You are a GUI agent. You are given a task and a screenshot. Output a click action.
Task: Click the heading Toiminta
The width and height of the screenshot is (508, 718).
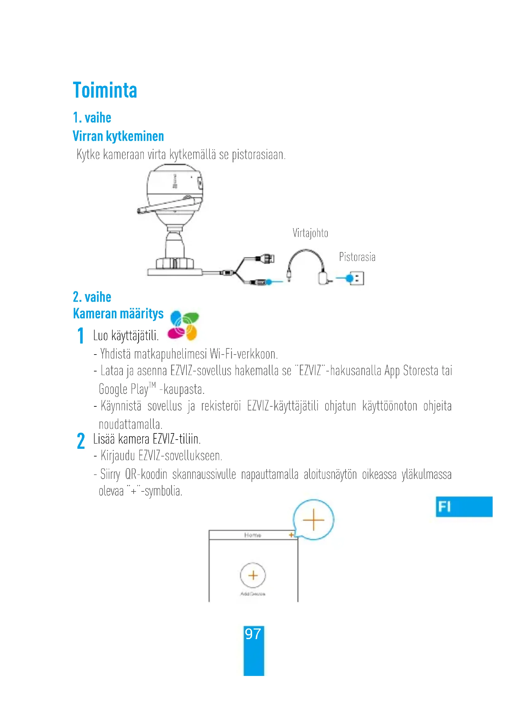pyautogui.click(x=105, y=91)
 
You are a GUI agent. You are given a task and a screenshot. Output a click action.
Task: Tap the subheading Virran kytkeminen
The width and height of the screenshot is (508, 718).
pyautogui.click(x=118, y=136)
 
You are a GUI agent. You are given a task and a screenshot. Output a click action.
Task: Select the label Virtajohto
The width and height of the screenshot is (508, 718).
pyautogui.click(x=310, y=233)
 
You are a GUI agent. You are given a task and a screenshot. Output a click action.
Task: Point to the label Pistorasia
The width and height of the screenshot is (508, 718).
pyautogui.click(x=357, y=257)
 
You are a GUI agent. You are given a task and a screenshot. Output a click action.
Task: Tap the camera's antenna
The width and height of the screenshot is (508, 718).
pyautogui.click(x=169, y=204)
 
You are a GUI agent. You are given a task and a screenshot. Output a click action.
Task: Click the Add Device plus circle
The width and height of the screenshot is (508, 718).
pyautogui.click(x=253, y=575)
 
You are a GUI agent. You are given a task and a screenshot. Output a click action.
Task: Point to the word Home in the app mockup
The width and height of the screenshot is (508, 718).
pyautogui.click(x=252, y=535)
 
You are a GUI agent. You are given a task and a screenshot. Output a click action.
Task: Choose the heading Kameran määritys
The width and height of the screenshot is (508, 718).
pyautogui.click(x=118, y=314)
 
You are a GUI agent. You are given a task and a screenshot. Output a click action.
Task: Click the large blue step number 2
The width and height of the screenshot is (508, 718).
pyautogui.click(x=81, y=441)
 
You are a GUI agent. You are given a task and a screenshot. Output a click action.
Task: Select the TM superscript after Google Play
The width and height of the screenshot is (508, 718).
pyautogui.click(x=152, y=385)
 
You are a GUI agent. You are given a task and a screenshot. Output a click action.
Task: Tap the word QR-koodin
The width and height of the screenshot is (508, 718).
pyautogui.click(x=146, y=474)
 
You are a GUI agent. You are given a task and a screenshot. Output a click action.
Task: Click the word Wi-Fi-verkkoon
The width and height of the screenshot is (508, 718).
pyautogui.click(x=244, y=354)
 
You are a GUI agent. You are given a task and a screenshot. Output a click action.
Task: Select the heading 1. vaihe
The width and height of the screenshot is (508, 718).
pyautogui.click(x=92, y=118)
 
